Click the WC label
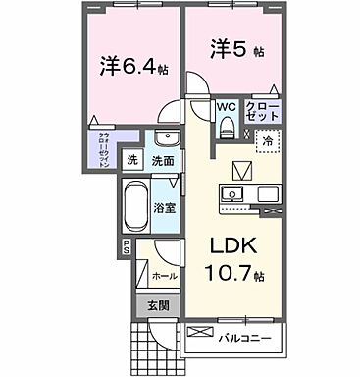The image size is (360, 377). [x=225, y=108]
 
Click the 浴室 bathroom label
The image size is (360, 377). [x=166, y=207]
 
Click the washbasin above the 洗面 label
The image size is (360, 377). [x=169, y=137]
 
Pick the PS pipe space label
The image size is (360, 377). [x=127, y=247]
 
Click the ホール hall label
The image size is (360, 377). [x=166, y=276]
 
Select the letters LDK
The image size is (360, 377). [x=233, y=244]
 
